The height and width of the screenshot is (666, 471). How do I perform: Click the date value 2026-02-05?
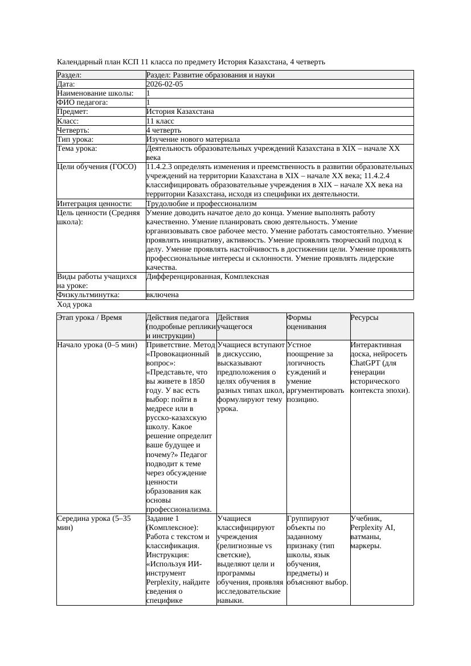point(165,84)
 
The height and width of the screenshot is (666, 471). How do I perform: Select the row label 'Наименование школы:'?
point(95,93)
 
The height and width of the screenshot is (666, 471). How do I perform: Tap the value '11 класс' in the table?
point(160,121)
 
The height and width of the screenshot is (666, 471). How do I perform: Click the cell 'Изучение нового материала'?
point(193,139)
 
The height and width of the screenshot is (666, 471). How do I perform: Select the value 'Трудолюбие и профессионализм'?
point(201,204)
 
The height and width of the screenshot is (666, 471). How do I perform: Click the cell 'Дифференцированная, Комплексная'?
point(207,277)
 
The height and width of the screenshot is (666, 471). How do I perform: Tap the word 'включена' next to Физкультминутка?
point(162,295)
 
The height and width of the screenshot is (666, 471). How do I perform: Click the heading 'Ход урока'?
point(74,305)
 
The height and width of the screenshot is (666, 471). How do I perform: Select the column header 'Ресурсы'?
point(364,318)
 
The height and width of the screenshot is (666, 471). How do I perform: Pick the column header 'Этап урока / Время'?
point(89,318)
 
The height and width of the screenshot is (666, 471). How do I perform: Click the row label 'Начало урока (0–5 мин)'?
point(97,345)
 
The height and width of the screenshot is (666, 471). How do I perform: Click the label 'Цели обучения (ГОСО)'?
point(96,167)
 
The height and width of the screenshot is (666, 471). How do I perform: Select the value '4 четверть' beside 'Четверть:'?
point(163,130)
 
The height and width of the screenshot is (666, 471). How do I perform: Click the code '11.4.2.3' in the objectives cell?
point(162,167)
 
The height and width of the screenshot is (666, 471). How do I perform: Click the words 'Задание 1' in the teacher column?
point(163,519)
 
